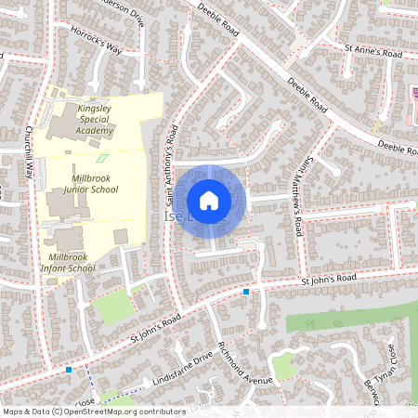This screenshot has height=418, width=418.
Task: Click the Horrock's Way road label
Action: point(96,42)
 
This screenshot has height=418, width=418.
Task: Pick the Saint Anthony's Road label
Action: point(170,168)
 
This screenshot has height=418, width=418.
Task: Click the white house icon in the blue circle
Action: point(209,200)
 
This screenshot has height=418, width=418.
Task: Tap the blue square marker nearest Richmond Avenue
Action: point(246,293)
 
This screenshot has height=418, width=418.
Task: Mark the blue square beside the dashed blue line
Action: point(70,370)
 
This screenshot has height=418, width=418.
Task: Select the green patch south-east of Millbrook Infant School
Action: point(111,307)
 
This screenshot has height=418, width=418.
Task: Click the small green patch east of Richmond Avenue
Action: point(284,368)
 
